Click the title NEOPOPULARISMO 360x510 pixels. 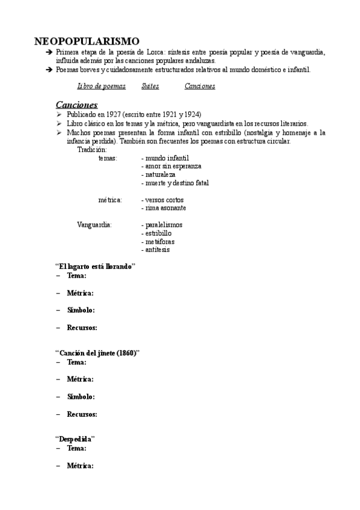[87, 41]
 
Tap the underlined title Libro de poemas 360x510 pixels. [102, 87]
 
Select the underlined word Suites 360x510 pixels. [150, 87]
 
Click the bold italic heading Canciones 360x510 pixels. [76, 104]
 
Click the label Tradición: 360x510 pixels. [92, 149]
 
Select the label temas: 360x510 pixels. [108, 158]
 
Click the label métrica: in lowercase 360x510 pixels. [111, 200]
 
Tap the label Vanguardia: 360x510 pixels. [94, 225]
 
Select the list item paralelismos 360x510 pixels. [163, 225]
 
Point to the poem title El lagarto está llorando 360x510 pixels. [95, 266]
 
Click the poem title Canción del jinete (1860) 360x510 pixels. [97, 353]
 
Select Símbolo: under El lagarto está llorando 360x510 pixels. [81, 310]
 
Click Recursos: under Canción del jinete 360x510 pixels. [82, 414]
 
